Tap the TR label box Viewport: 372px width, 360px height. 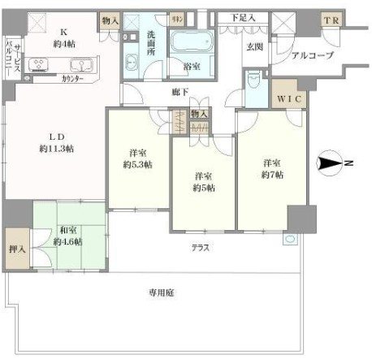(x=332, y=20)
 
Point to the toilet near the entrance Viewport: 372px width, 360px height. (x=255, y=80)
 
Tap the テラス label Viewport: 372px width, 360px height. (x=200, y=248)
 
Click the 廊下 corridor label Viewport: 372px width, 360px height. (x=180, y=93)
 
